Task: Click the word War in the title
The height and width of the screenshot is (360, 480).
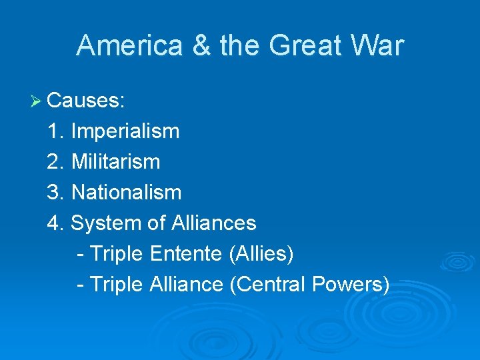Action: [x=379, y=46]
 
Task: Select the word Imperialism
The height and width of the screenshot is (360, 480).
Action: [x=125, y=131]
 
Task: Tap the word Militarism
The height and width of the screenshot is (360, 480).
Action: [x=115, y=162]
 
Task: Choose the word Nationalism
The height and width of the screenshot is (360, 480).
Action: [x=126, y=193]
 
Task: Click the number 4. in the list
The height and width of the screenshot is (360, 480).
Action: [x=56, y=223]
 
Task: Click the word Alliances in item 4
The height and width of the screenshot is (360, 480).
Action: [x=213, y=223]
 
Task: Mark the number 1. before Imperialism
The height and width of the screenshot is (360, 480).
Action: [x=56, y=131]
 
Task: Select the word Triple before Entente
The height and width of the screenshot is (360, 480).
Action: [x=116, y=254]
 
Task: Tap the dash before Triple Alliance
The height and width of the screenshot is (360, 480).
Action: [x=81, y=285]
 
